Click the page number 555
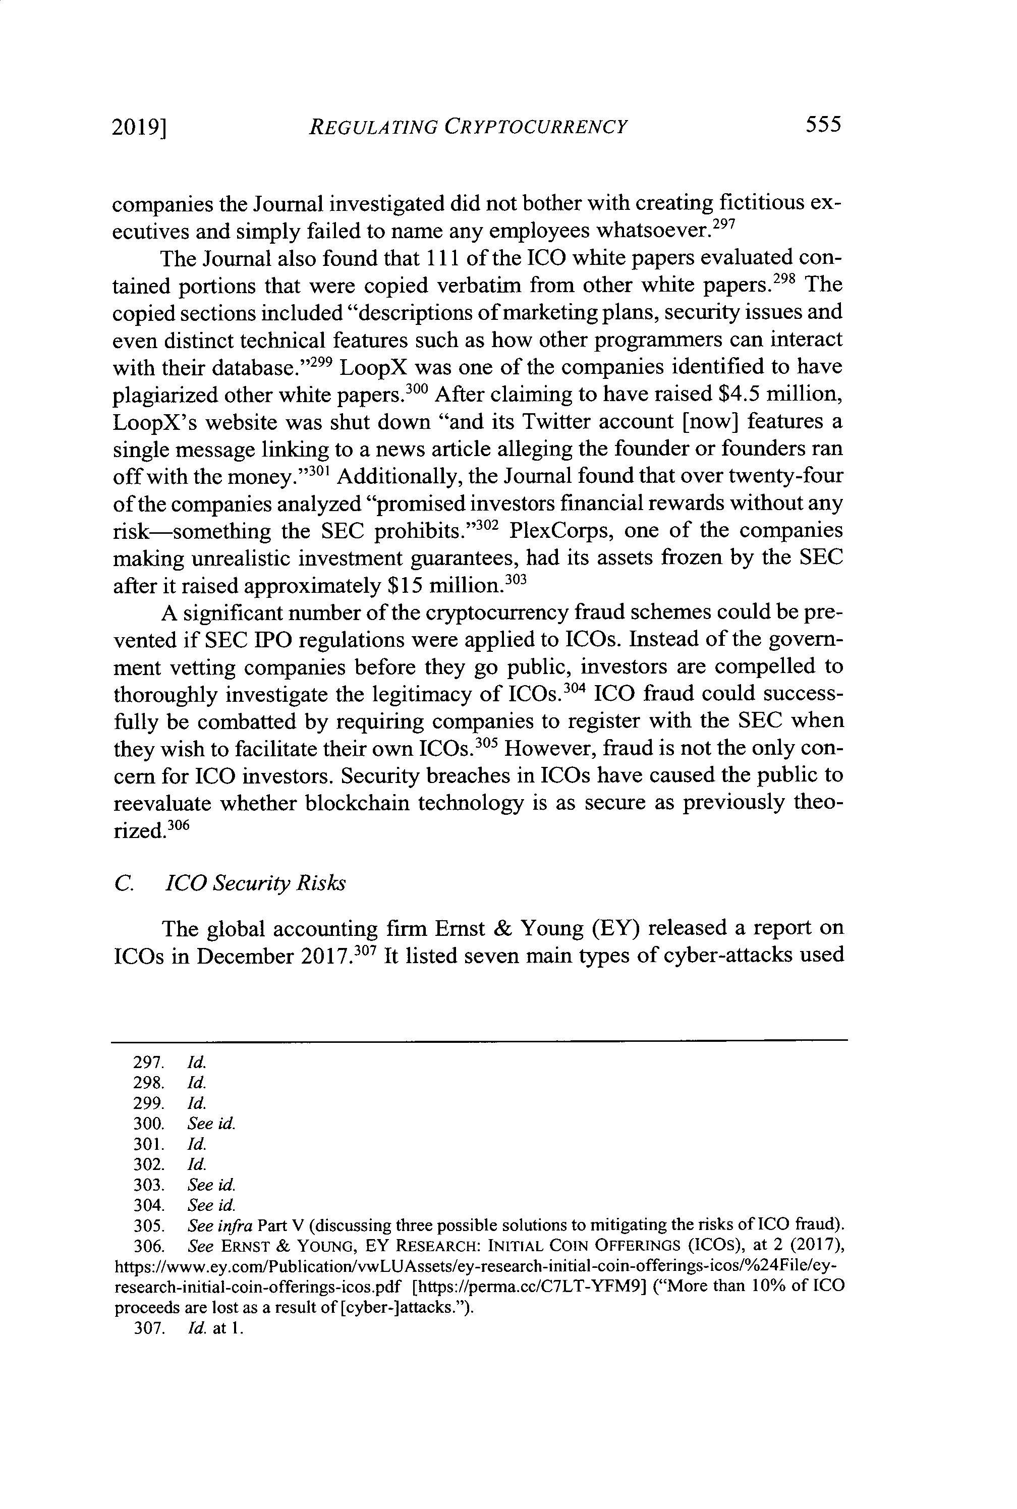[823, 124]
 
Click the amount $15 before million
[406, 586]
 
